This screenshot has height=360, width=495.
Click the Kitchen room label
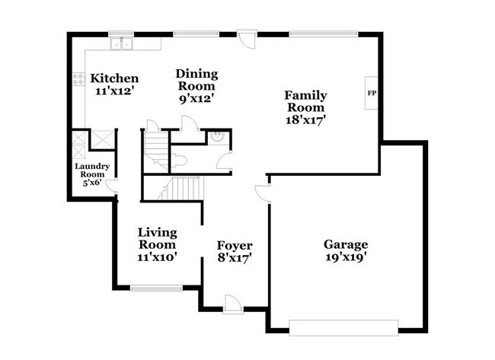pyautogui.click(x=114, y=78)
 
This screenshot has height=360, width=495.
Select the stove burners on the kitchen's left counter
pyautogui.click(x=78, y=78)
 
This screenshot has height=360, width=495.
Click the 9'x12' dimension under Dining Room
pyautogui.click(x=196, y=99)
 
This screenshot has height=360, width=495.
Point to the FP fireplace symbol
pyautogui.click(x=372, y=94)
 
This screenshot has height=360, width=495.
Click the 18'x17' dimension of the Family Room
pyautogui.click(x=306, y=119)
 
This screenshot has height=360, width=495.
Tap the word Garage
pyautogui.click(x=346, y=244)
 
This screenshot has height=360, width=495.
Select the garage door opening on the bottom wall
pyautogui.click(x=345, y=327)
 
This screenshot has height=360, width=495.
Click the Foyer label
pyautogui.click(x=235, y=245)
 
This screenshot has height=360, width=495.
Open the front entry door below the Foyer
pyautogui.click(x=234, y=304)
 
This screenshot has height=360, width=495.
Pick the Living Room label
pyautogui.click(x=157, y=238)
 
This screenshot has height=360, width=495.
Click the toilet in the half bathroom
pyautogui.click(x=178, y=161)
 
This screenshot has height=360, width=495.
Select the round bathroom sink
pyautogui.click(x=217, y=138)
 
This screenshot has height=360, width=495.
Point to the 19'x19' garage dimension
pyautogui.click(x=346, y=257)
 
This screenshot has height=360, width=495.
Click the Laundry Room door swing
pyautogui.click(x=111, y=185)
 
